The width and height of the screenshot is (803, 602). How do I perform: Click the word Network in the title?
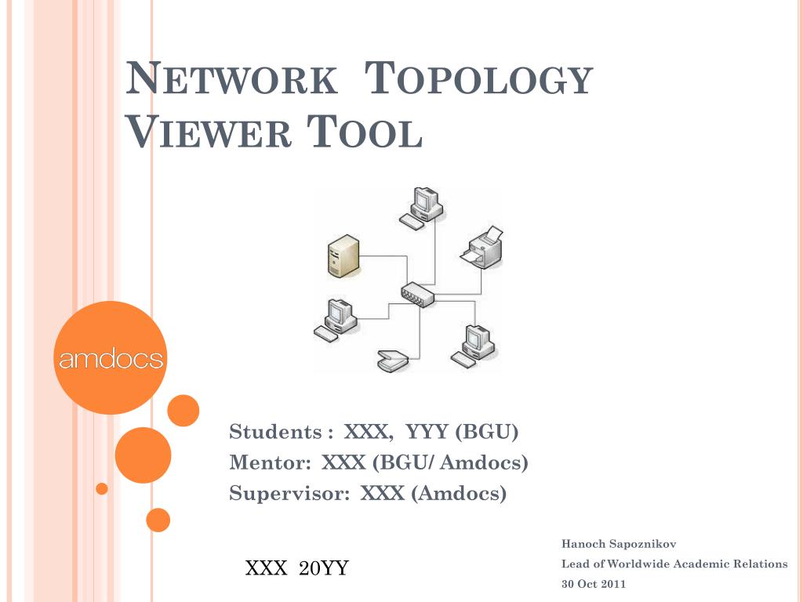tap(231, 78)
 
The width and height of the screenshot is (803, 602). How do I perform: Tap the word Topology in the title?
tap(478, 78)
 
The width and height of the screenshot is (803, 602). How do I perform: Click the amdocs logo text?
tap(111, 358)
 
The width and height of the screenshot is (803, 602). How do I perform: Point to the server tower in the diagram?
tap(343, 256)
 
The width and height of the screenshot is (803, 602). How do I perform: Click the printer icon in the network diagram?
tap(482, 247)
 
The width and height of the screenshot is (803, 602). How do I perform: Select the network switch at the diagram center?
tap(418, 295)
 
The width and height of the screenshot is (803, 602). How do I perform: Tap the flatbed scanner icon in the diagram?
tap(393, 361)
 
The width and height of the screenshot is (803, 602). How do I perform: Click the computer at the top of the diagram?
tap(421, 208)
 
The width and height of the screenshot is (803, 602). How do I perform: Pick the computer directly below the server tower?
tap(336, 320)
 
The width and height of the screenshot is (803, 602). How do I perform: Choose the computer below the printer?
tap(473, 346)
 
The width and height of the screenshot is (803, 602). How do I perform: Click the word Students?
tap(275, 432)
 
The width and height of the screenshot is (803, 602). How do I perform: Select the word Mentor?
tap(270, 462)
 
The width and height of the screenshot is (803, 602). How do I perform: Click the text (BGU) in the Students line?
tap(486, 432)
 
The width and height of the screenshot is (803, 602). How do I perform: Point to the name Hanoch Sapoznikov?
tap(619, 544)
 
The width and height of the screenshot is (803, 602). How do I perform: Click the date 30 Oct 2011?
tap(594, 584)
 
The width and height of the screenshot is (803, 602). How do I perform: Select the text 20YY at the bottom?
tap(324, 568)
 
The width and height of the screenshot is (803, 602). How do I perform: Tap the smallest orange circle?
tap(102, 488)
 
